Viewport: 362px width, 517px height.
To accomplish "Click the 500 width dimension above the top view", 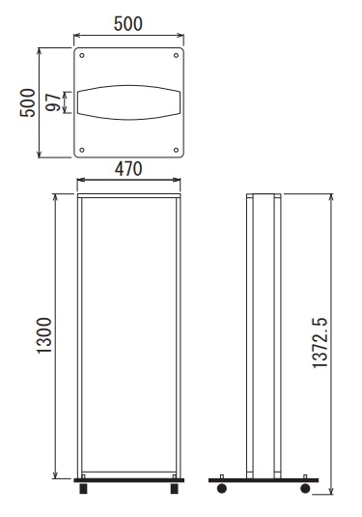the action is [128, 24].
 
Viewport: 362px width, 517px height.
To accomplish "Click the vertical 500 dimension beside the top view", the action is [27, 102].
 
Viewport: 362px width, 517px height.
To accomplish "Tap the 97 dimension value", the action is [53, 102].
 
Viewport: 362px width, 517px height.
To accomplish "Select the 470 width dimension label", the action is [128, 169].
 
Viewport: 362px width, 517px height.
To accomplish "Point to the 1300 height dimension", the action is [44, 335].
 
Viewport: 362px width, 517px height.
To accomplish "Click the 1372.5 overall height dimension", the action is [320, 343].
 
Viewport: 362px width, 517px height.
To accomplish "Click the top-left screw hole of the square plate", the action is [82, 55].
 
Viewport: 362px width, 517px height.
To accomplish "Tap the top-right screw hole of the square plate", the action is [176, 55].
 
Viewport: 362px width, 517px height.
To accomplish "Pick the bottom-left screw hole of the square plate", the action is [82, 150].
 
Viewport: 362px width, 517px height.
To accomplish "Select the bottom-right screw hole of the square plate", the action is [176, 150].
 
